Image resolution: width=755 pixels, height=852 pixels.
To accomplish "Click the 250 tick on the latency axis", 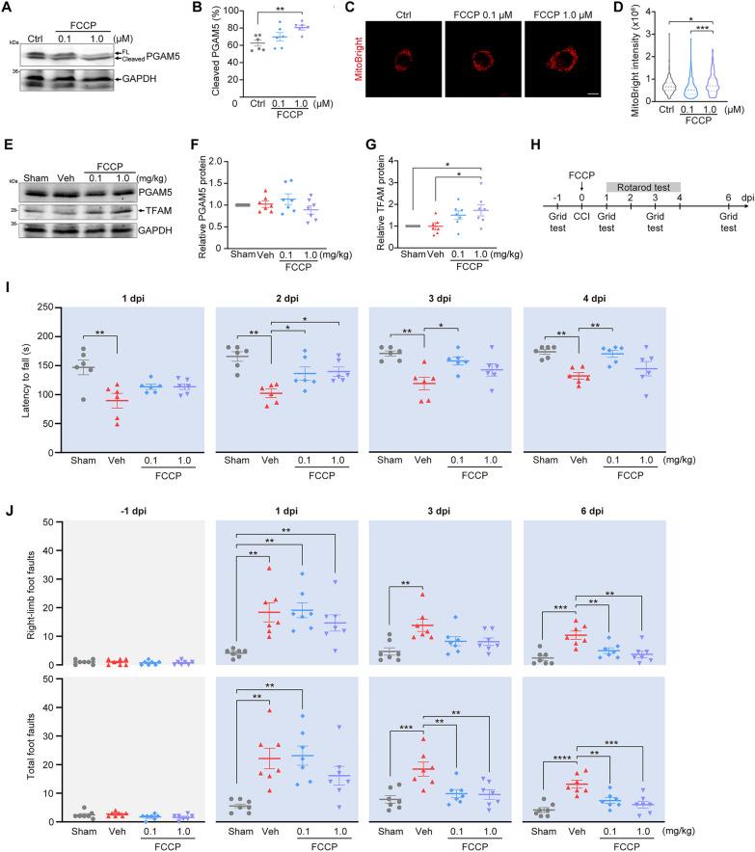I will pyautogui.click(x=36, y=308).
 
